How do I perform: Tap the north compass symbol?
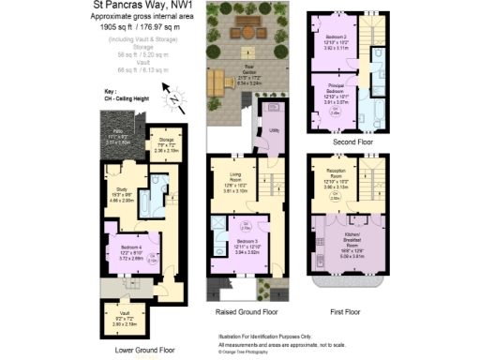(173, 94)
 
